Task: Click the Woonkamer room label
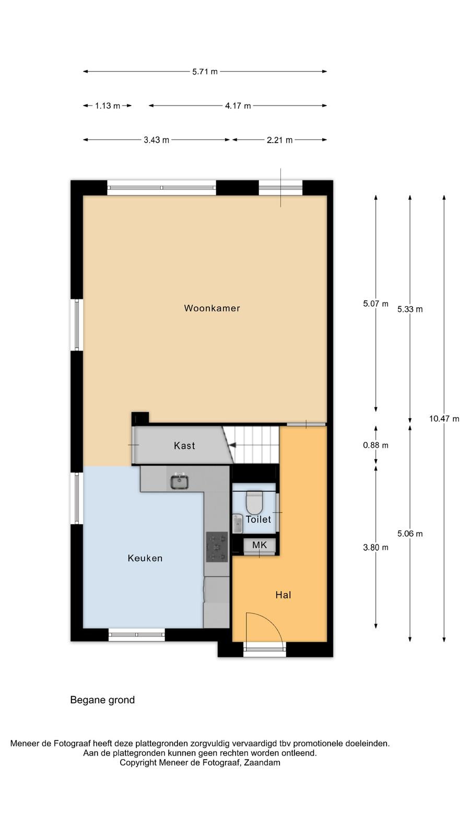coord(212,308)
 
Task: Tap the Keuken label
coord(145,559)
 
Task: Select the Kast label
coord(184,446)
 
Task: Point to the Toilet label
coord(258,519)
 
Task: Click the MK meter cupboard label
coord(260,545)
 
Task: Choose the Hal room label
coord(283,595)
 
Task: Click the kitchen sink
coord(180,481)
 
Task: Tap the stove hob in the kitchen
coord(217,547)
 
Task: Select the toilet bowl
coord(255,502)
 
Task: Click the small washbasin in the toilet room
coord(238,524)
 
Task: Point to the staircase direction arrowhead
coord(232,445)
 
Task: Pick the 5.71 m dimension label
coord(205,72)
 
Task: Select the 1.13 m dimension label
coord(108,106)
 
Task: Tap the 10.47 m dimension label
coord(444,419)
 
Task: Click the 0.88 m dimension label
coord(375,445)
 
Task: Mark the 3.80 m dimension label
coord(375,548)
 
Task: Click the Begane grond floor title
coord(102,700)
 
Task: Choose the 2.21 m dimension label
coord(280,141)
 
